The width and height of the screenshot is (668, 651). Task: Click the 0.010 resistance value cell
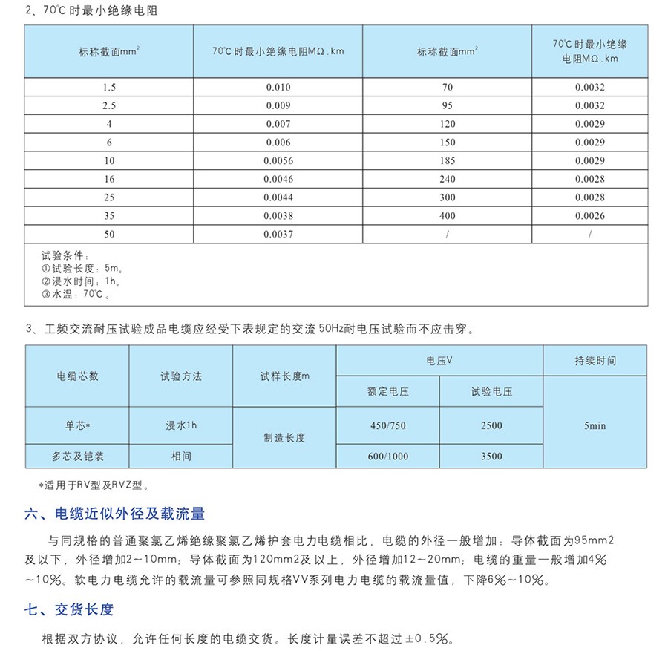(x=278, y=87)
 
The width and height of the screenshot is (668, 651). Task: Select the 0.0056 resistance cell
(x=278, y=160)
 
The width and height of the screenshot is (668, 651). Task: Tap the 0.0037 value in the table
(x=278, y=234)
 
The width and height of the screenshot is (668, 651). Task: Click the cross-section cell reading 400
(x=447, y=216)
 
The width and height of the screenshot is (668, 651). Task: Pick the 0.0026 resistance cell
(x=589, y=216)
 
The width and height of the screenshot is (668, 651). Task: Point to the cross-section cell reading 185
(x=447, y=160)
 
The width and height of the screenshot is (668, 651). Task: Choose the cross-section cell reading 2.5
(x=109, y=105)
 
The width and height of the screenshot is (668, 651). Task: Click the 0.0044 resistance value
(x=278, y=197)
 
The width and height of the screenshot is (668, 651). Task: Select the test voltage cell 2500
(x=491, y=425)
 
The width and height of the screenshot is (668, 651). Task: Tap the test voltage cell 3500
(x=491, y=457)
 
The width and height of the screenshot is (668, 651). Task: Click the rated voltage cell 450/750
(x=387, y=425)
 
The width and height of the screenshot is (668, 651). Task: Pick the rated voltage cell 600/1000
(x=387, y=457)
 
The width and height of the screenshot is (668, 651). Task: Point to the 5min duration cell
(x=595, y=426)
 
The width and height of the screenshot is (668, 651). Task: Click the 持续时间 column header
(x=595, y=361)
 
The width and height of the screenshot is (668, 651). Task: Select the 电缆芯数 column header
(x=77, y=376)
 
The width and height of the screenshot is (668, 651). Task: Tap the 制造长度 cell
(x=284, y=438)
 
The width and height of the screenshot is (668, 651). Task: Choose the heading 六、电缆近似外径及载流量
(x=114, y=514)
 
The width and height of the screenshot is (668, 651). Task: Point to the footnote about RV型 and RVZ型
(x=94, y=486)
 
